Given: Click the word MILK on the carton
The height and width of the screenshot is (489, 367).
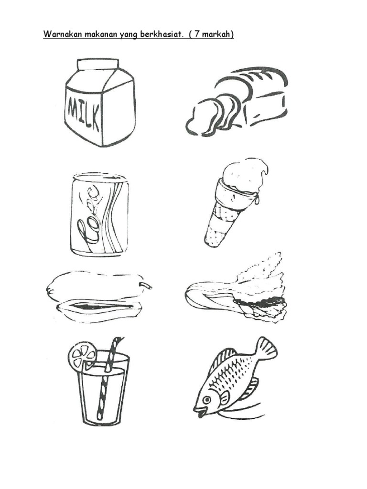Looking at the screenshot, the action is (83, 113).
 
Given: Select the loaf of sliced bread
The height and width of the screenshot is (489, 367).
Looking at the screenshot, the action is (237, 101).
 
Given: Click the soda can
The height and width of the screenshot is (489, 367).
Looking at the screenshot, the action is (99, 215).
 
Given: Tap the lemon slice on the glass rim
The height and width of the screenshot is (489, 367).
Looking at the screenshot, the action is (83, 355).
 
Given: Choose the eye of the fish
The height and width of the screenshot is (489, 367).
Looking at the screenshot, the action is (206, 400).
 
